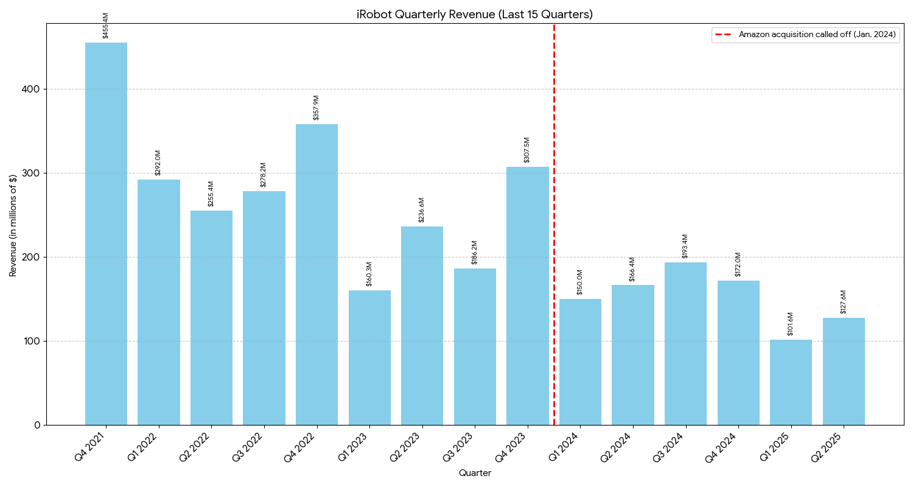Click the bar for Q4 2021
tap(106, 234)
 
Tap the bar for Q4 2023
tap(528, 296)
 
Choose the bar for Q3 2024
tap(685, 343)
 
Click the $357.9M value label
tap(316, 108)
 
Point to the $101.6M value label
tap(791, 324)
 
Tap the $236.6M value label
tap(422, 210)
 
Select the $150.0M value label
tap(580, 282)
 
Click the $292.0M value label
tap(158, 163)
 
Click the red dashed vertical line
tap(554, 243)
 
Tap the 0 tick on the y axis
tap(37, 425)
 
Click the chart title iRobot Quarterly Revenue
tap(475, 15)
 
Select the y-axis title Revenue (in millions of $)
tap(13, 225)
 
